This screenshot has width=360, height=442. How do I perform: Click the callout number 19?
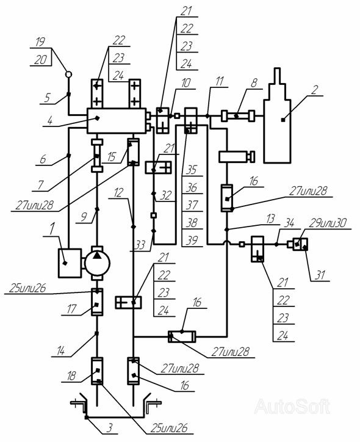pos(40,42)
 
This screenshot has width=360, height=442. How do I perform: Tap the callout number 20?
pos(41,59)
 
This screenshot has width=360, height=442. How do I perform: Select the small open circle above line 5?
pos(68,74)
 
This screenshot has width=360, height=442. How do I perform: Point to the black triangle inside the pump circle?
pos(97,255)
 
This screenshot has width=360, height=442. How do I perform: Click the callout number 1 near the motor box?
pos(52,230)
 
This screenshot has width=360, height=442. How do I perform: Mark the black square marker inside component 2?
pos(283,120)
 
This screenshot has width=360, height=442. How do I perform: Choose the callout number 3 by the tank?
pos(110,427)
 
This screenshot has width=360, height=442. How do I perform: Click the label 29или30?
pos(328,223)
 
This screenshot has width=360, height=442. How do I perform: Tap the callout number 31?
pos(320,275)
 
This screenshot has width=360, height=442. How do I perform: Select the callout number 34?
pos(289,223)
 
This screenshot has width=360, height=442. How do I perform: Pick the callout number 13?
pos(270,219)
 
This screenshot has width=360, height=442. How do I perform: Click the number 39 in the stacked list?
pos(192,241)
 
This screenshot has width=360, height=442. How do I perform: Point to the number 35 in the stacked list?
pos(192,170)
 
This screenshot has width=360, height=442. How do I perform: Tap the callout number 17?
pos(71,309)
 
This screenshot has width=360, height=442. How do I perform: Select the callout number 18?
pos(71,375)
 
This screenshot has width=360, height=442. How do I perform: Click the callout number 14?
pos(60,351)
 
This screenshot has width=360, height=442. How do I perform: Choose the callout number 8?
pos(254,83)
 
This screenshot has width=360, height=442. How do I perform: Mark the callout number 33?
pos(139,245)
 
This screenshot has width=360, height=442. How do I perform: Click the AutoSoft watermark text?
pos(292,407)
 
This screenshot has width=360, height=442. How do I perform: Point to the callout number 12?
pos(118,192)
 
